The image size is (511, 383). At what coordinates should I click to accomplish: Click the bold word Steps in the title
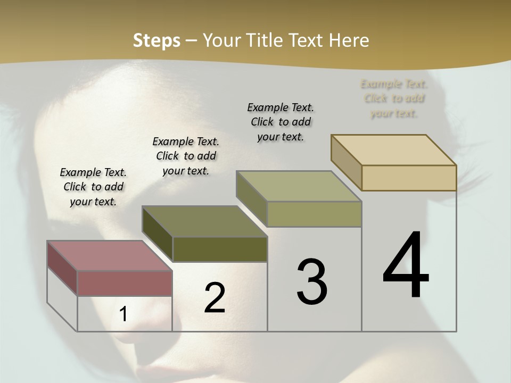[x=156, y=40]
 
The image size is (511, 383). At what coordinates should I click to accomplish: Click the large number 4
[x=406, y=266]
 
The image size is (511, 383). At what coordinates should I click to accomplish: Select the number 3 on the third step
[x=311, y=281]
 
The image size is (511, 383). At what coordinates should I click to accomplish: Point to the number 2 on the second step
[x=215, y=297]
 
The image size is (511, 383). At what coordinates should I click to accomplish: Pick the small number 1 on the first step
[x=123, y=314]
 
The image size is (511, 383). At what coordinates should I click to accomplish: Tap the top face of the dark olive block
[x=204, y=221]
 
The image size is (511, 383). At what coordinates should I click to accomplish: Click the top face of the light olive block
[x=299, y=186]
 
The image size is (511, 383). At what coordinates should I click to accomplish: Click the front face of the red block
[x=125, y=283]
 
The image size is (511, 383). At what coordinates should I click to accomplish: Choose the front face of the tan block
[x=409, y=178]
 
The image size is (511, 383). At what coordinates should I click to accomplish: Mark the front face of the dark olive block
[x=220, y=249]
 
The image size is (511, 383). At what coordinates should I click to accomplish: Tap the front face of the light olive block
[x=314, y=214]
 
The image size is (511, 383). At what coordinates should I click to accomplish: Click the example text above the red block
[x=93, y=187]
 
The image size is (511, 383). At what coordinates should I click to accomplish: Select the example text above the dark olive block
[x=186, y=156]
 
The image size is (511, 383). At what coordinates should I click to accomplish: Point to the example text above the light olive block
[x=281, y=122]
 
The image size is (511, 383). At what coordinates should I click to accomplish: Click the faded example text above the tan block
[x=394, y=98]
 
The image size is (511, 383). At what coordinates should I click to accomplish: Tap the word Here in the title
[x=349, y=40]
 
